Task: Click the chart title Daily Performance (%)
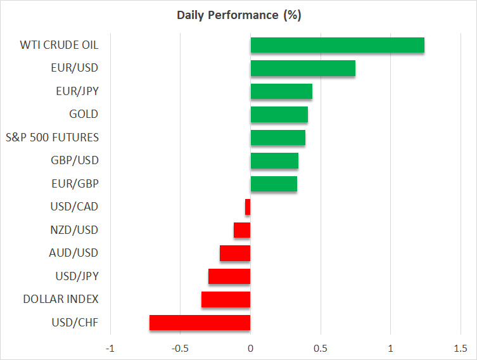(238, 15)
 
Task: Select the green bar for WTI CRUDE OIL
(337, 46)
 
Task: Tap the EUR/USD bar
(303, 68)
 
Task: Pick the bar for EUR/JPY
(281, 91)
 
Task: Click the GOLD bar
(279, 115)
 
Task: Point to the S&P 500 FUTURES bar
(277, 138)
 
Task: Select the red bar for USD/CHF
(200, 323)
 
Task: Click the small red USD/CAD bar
(248, 207)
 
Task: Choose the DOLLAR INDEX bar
(226, 299)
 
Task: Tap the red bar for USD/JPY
(229, 276)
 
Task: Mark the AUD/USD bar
(235, 253)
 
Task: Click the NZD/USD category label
(74, 230)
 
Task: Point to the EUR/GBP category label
(75, 184)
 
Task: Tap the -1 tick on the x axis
(110, 349)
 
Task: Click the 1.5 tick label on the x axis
(461, 349)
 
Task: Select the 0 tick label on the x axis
(250, 349)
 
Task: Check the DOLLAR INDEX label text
(61, 299)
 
